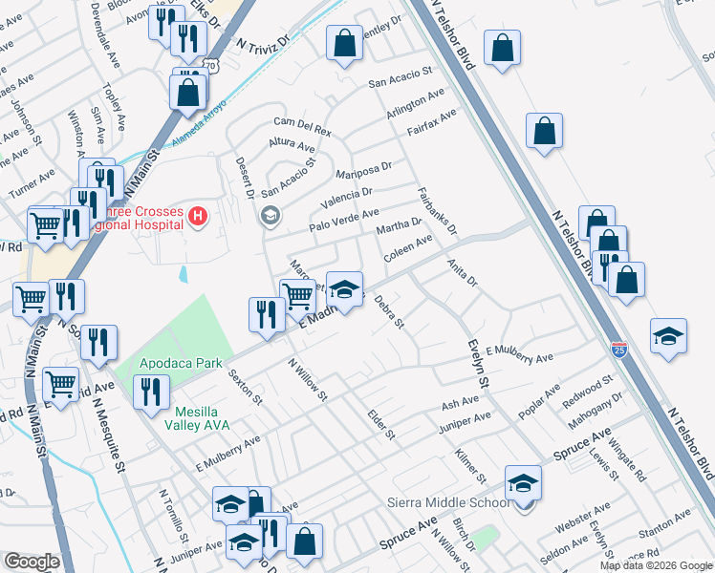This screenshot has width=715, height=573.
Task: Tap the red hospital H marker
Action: click(198, 218)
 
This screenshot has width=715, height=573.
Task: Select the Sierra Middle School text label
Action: click(447, 503)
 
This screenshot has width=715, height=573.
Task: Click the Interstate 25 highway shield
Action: click(619, 350)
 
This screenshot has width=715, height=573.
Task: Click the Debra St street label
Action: click(392, 311)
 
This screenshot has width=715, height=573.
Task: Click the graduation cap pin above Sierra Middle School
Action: click(523, 484)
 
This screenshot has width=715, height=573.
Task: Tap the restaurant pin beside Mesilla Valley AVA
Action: click(151, 393)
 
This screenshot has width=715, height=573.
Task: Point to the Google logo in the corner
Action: click(32, 562)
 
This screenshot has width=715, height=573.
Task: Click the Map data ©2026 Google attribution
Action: click(656, 565)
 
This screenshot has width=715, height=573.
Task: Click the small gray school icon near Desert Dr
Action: click(270, 216)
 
